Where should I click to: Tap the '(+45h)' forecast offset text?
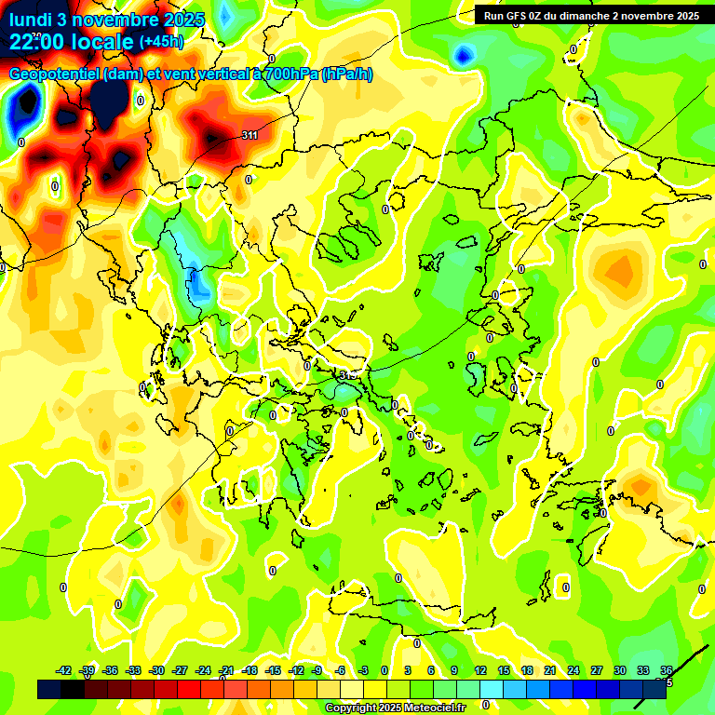click(160, 42)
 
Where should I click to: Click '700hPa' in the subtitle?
click(287, 74)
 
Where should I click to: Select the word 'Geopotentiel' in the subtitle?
click(54, 74)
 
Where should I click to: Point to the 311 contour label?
click(250, 136)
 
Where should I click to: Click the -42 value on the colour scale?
click(64, 670)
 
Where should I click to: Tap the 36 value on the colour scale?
click(667, 670)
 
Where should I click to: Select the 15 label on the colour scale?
click(503, 670)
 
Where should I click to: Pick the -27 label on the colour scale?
click(181, 670)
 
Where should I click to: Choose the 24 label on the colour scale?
click(573, 670)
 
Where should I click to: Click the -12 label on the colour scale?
click(296, 670)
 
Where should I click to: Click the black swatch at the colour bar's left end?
click(49, 689)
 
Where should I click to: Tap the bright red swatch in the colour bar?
click(189, 689)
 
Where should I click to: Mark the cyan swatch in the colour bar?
click(492, 689)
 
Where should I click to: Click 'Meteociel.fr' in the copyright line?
click(432, 708)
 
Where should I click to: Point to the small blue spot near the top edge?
click(462, 57)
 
